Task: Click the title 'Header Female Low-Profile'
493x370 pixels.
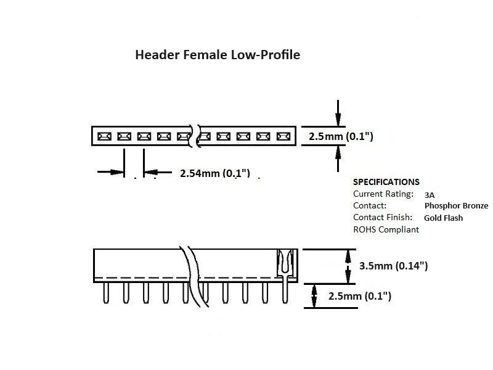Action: click(x=218, y=55)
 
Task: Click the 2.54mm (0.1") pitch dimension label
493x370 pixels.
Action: click(x=215, y=173)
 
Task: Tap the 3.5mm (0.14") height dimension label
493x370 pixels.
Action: click(x=393, y=266)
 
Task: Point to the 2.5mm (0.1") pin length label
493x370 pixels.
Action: click(x=360, y=296)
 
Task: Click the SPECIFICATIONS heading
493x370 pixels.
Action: click(x=386, y=182)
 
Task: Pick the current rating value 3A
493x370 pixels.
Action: click(x=430, y=194)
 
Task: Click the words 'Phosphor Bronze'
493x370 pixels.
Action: click(x=456, y=206)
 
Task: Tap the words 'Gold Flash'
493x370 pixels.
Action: click(x=443, y=218)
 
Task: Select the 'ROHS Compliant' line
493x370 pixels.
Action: click(x=386, y=229)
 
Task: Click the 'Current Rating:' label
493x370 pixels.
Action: click(x=383, y=194)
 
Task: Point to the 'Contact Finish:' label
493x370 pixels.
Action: click(x=382, y=217)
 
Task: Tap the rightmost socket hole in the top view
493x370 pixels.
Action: click(x=283, y=136)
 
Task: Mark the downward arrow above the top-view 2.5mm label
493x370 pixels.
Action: click(x=337, y=114)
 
